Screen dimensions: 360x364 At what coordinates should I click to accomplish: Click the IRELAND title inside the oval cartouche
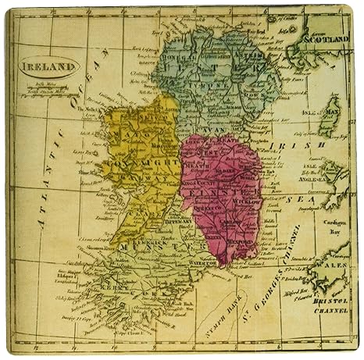point(49,68)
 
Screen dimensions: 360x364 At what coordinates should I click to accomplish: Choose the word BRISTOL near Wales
point(328,298)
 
